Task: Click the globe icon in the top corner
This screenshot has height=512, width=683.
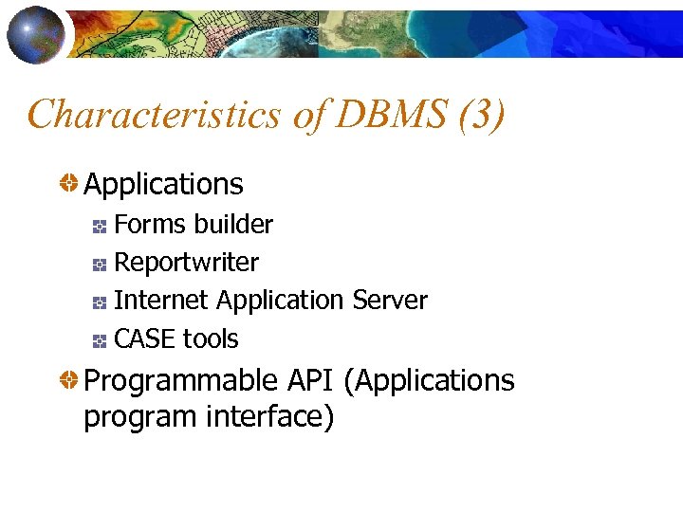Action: [x=35, y=33]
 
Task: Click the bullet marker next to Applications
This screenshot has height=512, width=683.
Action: [x=69, y=184]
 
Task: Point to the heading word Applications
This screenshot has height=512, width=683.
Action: [x=163, y=184]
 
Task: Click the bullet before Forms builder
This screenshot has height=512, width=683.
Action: [x=100, y=226]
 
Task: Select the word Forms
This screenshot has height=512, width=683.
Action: [x=147, y=225]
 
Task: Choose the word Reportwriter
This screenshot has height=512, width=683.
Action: [x=186, y=263]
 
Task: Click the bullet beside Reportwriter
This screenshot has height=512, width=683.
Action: [x=100, y=264]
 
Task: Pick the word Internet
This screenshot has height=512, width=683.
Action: [x=161, y=301]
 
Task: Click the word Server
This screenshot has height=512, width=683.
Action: [x=390, y=301]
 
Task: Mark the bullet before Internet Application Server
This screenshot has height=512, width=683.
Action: [x=100, y=302]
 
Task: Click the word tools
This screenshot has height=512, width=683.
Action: [x=211, y=338]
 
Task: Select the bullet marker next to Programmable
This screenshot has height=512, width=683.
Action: [x=69, y=381]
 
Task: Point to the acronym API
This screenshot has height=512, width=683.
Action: [x=307, y=381]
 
